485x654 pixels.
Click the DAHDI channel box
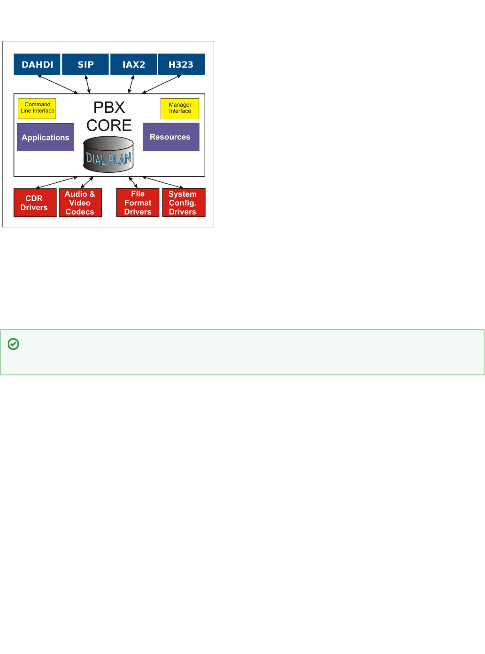point(37,64)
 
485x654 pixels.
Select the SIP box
point(85,64)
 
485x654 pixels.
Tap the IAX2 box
point(134,64)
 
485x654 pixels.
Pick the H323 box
point(181,64)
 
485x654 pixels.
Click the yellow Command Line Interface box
point(37,108)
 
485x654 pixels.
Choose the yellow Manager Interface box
point(180,108)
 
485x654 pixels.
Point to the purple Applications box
point(46,137)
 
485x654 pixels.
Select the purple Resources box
point(171,137)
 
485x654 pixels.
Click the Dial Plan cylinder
point(108,155)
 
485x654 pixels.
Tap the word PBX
point(109,108)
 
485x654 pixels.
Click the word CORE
point(109,125)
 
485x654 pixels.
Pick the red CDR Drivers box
point(35,202)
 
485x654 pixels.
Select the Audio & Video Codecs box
point(80,202)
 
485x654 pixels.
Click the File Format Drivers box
point(138,202)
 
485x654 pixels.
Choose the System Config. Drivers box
point(184,202)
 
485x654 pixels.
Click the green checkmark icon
point(14,344)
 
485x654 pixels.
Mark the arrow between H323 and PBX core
point(162,84)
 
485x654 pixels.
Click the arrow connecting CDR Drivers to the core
point(57,182)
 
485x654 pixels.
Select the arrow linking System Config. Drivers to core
point(162,182)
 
